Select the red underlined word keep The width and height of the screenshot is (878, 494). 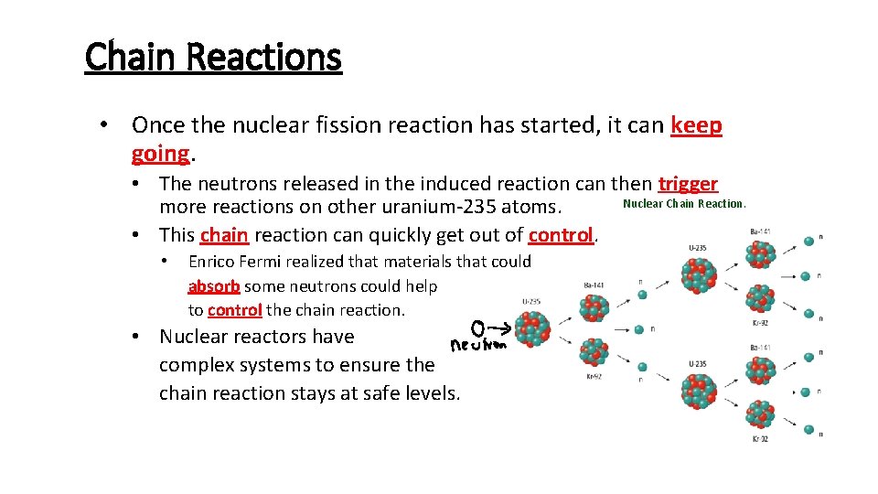coord(696,125)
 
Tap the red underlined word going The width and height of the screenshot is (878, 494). coord(160,153)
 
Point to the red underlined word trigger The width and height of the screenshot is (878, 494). coord(688,184)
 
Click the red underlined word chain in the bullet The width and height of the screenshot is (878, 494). coord(224,235)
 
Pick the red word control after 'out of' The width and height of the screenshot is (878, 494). coord(562,235)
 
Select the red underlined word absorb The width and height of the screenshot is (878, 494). coord(214,286)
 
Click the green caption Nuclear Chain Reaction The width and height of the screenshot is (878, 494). coord(684,204)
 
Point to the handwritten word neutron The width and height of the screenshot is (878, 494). coord(480,346)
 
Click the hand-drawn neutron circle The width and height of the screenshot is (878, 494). coord(477,327)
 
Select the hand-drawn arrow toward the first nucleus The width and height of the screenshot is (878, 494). coord(501,327)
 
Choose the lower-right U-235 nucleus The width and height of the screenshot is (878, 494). coord(700,389)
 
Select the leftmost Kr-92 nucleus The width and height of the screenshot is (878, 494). coord(595,353)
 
